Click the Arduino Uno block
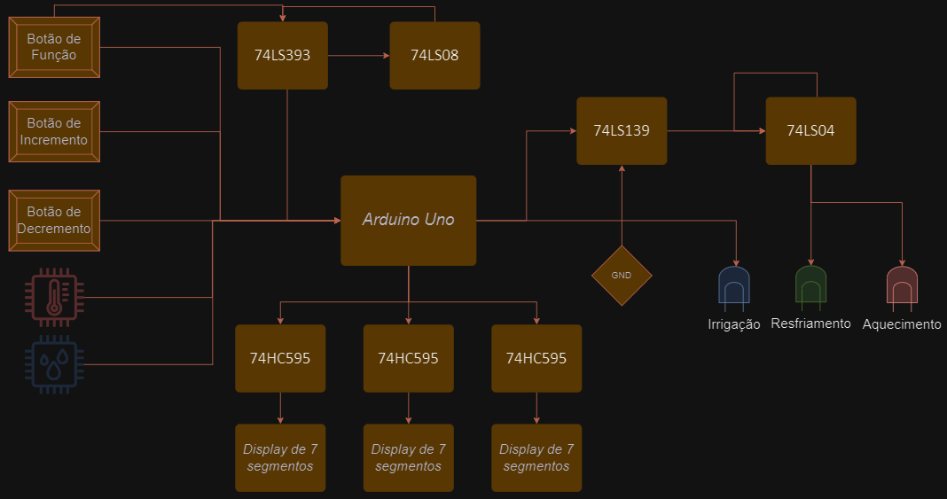[408, 220]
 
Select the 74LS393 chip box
[282, 55]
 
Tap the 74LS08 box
[434, 55]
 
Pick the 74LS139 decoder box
[621, 130]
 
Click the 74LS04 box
[810, 130]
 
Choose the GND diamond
[622, 275]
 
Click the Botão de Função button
[53, 48]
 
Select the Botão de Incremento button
[53, 131]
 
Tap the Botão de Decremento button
[53, 220]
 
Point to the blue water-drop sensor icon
[54, 362]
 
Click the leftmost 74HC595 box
[280, 358]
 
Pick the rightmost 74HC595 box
[536, 358]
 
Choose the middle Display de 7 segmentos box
[408, 457]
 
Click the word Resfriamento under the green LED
[810, 324]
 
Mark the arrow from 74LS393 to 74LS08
[358, 56]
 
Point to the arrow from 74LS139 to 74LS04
[715, 131]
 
